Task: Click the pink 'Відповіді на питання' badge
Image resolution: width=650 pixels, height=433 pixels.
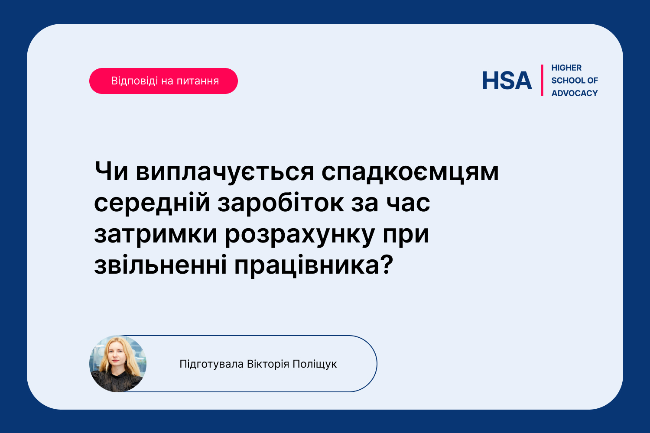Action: [163, 81]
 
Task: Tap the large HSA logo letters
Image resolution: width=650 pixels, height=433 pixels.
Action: [507, 81]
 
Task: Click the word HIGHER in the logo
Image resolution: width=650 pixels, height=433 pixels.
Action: [566, 68]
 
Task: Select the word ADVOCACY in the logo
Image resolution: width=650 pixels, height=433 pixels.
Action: [575, 94]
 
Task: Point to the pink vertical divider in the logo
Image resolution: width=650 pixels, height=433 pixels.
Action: [542, 81]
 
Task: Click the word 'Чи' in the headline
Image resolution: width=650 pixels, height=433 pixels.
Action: [111, 171]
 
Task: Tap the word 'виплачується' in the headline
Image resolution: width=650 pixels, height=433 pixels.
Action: [225, 173]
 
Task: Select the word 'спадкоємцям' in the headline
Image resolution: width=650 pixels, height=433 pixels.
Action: [410, 173]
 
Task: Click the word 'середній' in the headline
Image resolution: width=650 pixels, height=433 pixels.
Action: [152, 204]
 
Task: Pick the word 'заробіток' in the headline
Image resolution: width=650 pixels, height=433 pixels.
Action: [280, 203]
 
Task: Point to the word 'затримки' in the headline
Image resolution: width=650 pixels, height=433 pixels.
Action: [156, 235]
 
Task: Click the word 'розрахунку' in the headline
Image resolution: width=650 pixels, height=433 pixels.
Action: [300, 235]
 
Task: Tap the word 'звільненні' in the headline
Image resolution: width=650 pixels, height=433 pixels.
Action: [160, 265]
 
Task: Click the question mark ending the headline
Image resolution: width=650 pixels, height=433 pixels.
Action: [387, 264]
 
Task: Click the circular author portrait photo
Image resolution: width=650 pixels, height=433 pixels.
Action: [118, 364]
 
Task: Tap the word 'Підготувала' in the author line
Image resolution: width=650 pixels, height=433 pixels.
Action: [211, 364]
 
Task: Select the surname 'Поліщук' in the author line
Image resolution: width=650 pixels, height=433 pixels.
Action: [315, 364]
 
